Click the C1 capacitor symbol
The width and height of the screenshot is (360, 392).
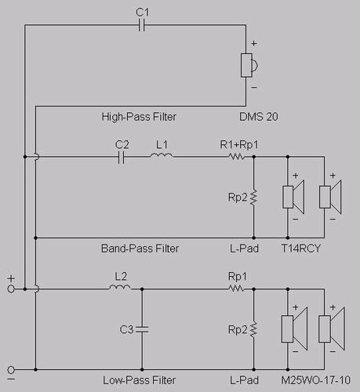click(x=141, y=25)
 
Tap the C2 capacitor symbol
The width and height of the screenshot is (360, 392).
click(x=121, y=157)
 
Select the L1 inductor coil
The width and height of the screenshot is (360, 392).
click(x=162, y=155)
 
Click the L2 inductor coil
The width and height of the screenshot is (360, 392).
click(x=120, y=287)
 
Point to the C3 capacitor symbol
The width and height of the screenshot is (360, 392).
click(x=142, y=329)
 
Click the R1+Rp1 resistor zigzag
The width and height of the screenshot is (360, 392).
click(x=237, y=157)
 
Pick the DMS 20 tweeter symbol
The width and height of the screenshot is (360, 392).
click(x=249, y=65)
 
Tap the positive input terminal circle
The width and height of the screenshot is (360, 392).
click(x=11, y=289)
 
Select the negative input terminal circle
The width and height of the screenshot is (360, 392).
click(x=11, y=370)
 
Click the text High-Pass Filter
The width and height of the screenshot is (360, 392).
click(x=139, y=117)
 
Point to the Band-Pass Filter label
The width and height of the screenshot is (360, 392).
click(x=140, y=249)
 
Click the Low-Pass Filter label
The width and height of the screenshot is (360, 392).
click(x=139, y=380)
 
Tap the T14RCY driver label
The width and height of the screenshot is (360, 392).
click(x=300, y=249)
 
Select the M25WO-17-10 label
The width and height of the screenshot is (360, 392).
click(x=316, y=380)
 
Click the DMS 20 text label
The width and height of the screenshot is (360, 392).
click(x=259, y=117)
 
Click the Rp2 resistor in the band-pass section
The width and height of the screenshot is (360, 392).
click(x=253, y=198)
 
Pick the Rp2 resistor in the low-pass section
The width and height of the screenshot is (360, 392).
click(x=253, y=329)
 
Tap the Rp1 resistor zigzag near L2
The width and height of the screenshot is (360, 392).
click(x=237, y=289)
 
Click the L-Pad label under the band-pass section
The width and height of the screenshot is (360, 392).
click(x=244, y=249)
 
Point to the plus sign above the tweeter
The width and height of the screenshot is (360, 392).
click(x=254, y=43)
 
